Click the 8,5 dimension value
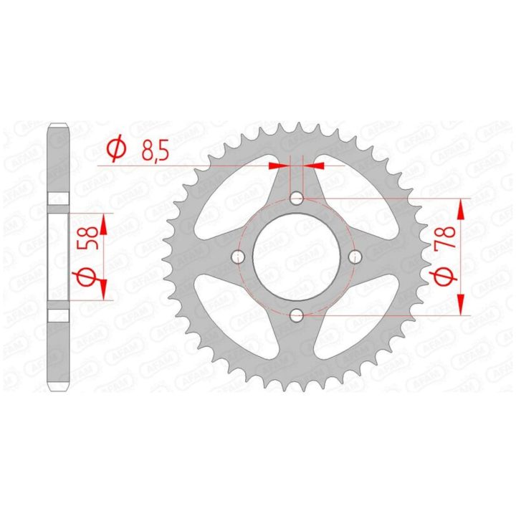coord(155,150)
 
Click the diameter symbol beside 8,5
coord(117,148)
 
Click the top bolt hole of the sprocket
coord(297,198)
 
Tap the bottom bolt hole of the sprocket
coord(297,315)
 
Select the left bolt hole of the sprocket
coord(238,257)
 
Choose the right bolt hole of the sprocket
coord(355,257)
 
